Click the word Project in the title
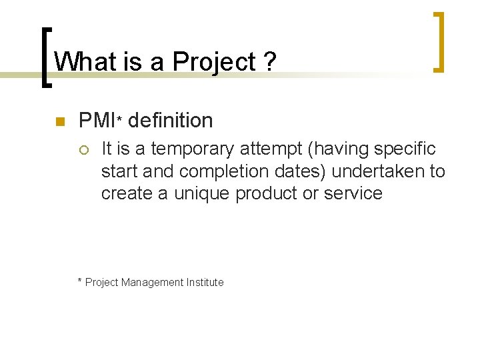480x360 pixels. [x=213, y=63]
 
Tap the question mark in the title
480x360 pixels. [x=269, y=62]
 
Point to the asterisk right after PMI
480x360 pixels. [x=119, y=119]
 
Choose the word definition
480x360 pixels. [x=170, y=121]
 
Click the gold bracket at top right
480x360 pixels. [x=439, y=41]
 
